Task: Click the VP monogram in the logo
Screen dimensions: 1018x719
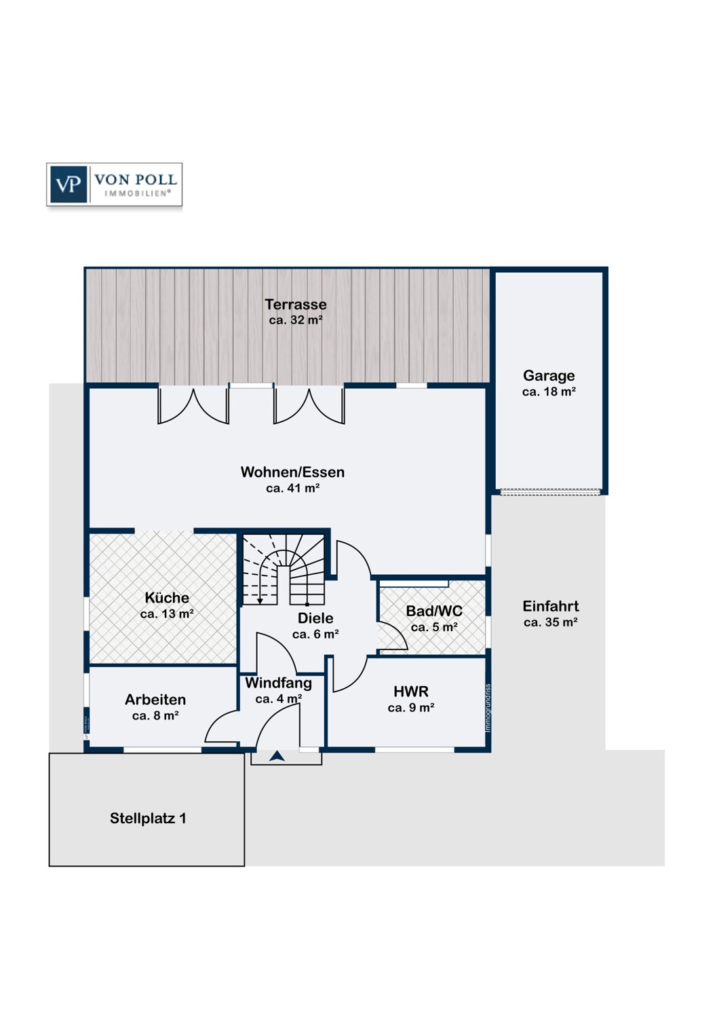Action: click(x=68, y=184)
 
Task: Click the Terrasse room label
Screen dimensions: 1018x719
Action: click(x=296, y=305)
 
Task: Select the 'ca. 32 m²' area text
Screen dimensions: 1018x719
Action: click(x=296, y=320)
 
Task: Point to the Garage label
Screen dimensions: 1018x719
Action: click(x=549, y=375)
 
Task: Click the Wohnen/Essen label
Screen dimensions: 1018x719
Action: click(x=292, y=472)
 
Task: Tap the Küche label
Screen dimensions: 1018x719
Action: click(x=167, y=598)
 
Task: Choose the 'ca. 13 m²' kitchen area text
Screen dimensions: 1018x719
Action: click(x=167, y=614)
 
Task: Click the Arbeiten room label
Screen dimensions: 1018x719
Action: click(x=155, y=700)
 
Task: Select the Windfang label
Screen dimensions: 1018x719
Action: click(x=278, y=683)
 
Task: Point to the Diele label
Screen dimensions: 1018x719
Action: click(x=315, y=618)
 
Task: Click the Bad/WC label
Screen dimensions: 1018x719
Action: click(x=434, y=611)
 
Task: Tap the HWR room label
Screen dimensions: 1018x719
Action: click(x=411, y=692)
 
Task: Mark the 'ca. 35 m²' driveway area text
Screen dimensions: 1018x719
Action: click(x=550, y=622)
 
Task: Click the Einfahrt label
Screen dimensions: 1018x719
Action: click(x=550, y=606)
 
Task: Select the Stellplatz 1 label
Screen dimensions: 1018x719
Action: click(x=148, y=818)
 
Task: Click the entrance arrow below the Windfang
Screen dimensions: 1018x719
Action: click(x=277, y=756)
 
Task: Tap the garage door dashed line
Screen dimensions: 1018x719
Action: click(x=550, y=491)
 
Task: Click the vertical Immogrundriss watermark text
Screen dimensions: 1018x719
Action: click(x=488, y=708)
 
